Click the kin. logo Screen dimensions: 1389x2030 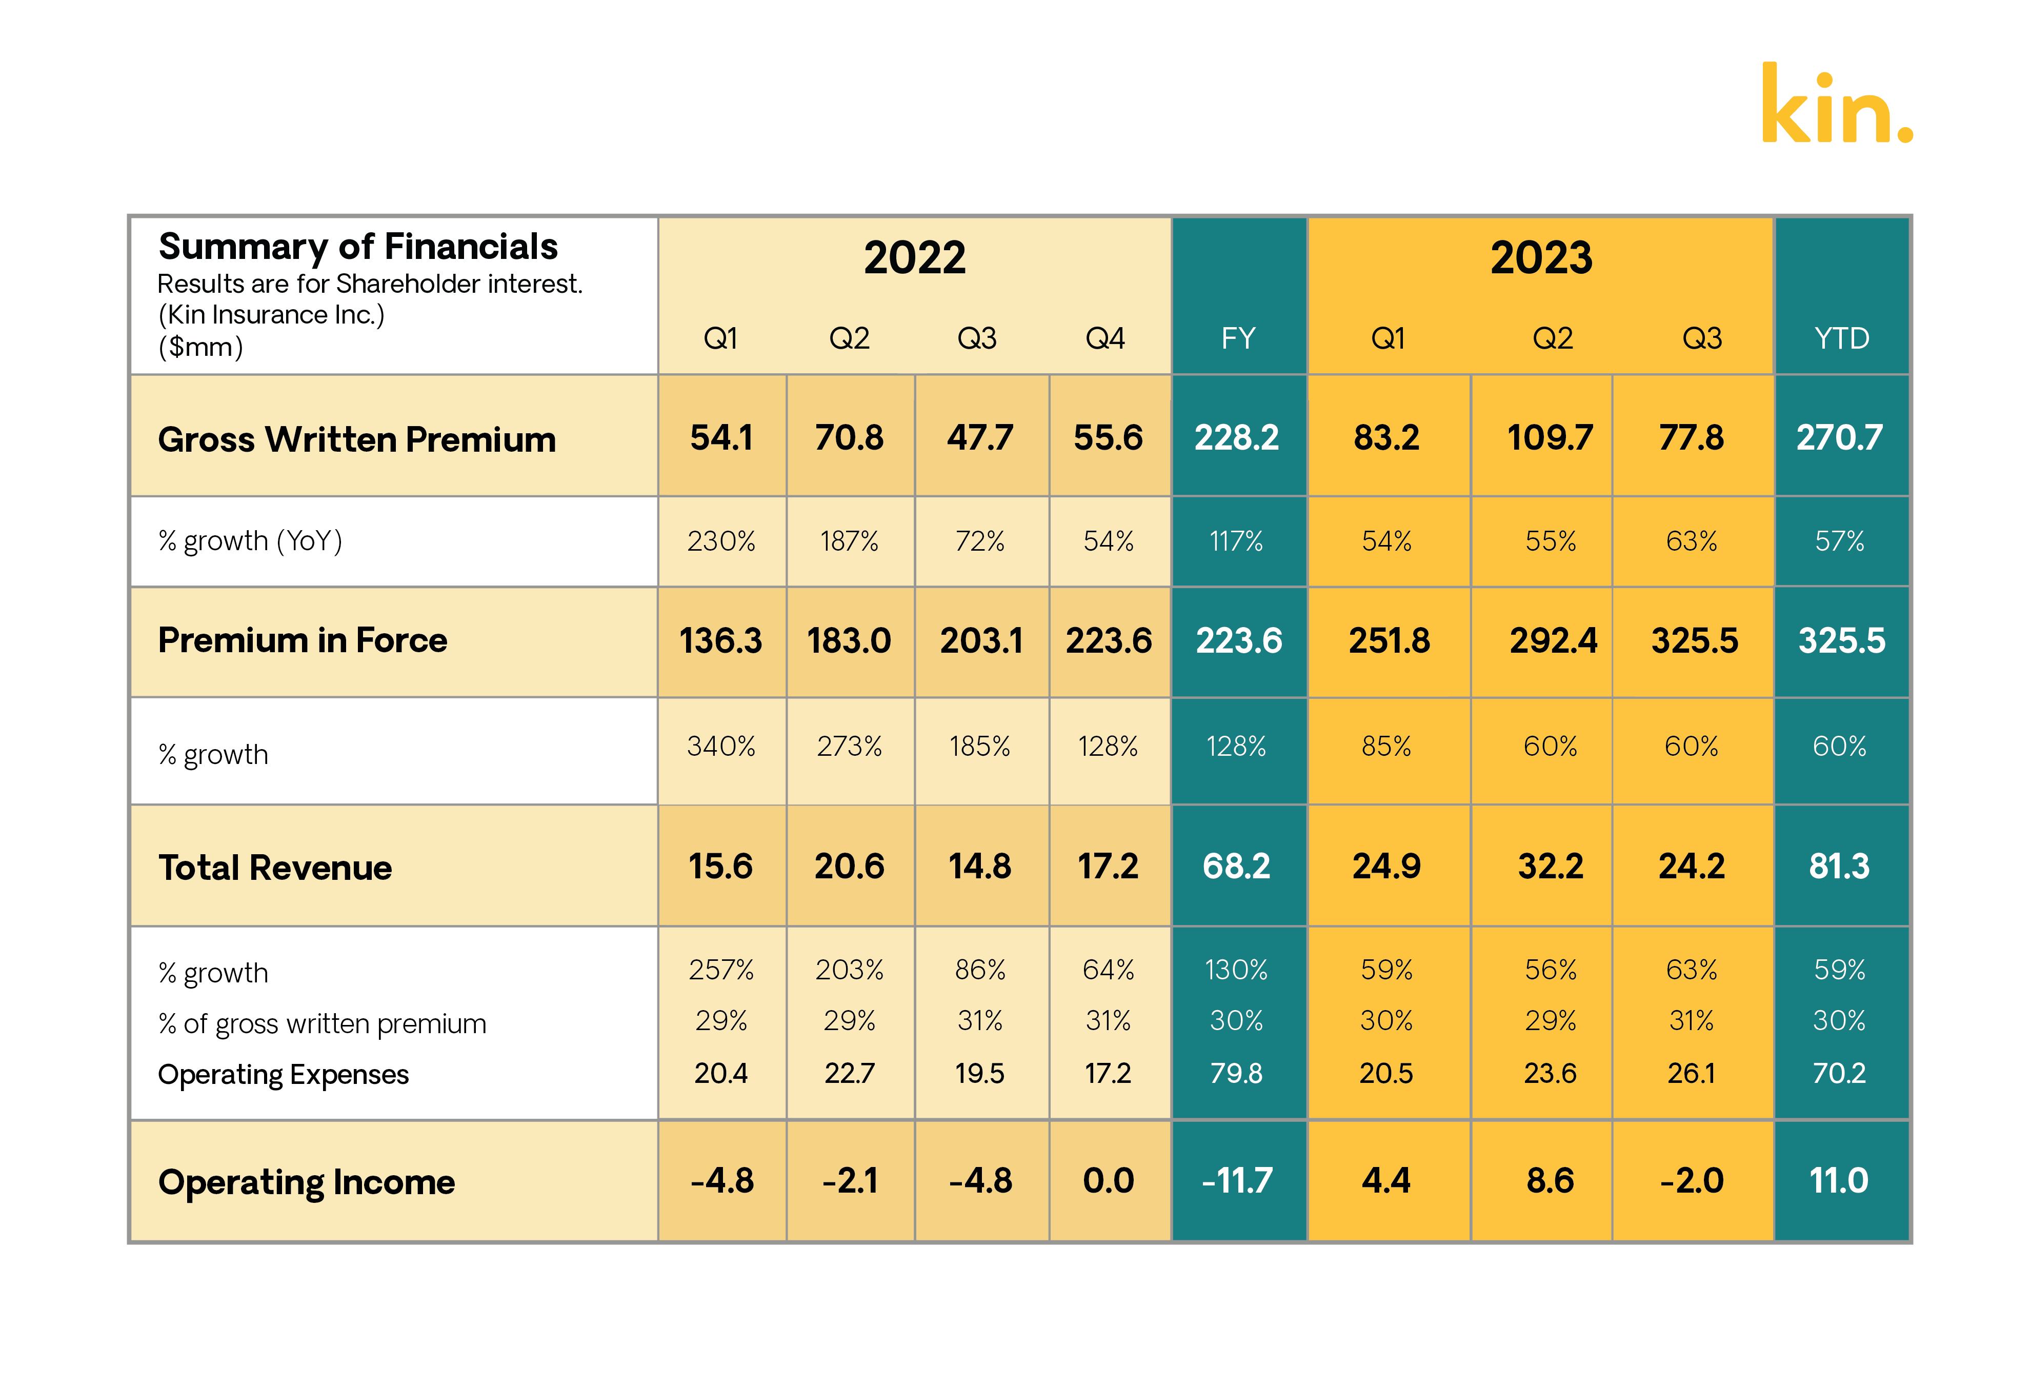[1836, 105]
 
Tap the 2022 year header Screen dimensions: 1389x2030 [915, 258]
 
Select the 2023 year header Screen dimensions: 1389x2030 [1541, 258]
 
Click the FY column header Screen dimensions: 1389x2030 [1238, 338]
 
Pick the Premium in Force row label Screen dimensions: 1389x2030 [302, 640]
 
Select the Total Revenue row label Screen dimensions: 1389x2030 [275, 868]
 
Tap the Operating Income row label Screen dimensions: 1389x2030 [307, 1182]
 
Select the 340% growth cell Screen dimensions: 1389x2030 [720, 746]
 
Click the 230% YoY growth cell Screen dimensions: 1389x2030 [720, 541]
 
